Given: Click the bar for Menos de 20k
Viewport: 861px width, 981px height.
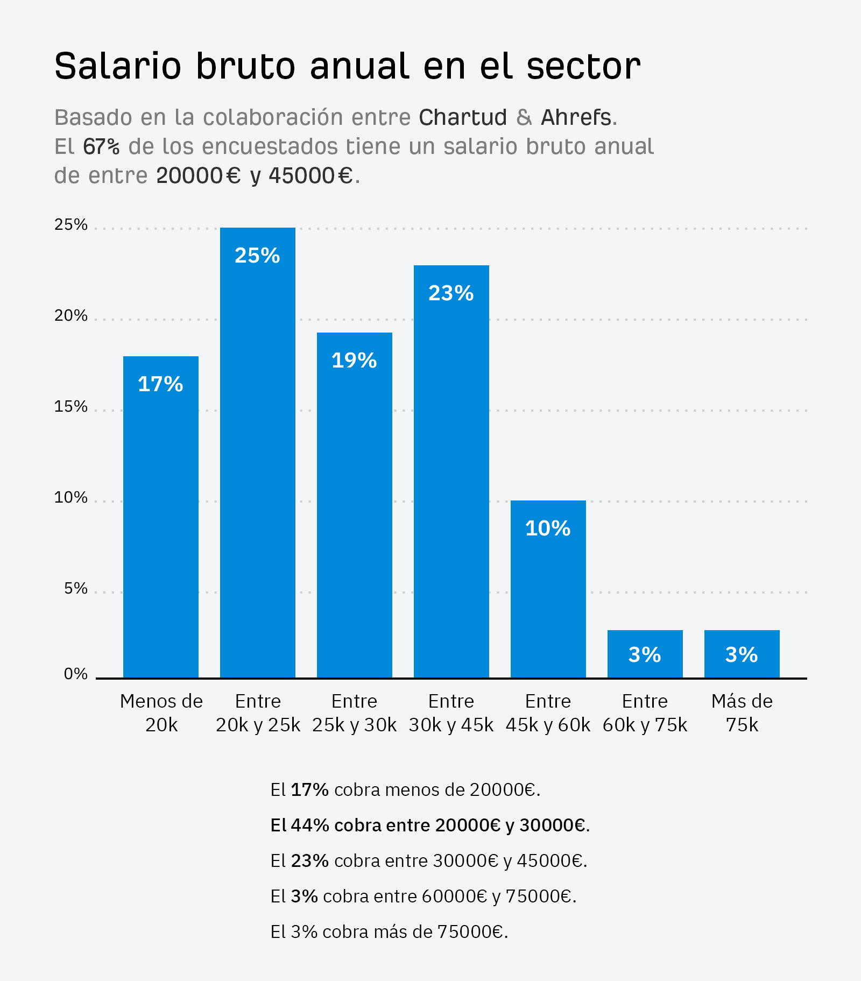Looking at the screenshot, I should click(x=160, y=517).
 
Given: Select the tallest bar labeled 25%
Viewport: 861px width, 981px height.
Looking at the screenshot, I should click(x=257, y=452).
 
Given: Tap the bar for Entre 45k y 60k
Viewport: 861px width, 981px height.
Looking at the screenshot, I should click(x=548, y=589).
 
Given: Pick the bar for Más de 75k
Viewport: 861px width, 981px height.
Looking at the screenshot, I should click(x=742, y=654).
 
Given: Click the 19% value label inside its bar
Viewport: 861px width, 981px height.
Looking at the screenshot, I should click(x=354, y=361).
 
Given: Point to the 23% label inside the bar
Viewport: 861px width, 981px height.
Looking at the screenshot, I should click(x=451, y=293).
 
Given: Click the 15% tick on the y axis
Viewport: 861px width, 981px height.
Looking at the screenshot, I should click(x=70, y=407).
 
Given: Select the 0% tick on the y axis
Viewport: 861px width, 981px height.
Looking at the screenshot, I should click(x=75, y=674).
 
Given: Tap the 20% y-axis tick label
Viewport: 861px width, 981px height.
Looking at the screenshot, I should click(x=70, y=316).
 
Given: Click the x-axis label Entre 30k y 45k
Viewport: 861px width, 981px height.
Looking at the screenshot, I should click(x=451, y=713).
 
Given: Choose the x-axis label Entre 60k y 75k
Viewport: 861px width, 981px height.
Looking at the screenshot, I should click(x=645, y=713).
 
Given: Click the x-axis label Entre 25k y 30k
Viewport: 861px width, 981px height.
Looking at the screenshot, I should click(x=354, y=713).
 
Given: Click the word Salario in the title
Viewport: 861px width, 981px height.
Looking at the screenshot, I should click(x=118, y=67).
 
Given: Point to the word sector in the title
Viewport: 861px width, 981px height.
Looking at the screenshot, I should click(x=583, y=67).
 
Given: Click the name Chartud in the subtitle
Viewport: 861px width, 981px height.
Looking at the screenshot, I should click(x=463, y=117).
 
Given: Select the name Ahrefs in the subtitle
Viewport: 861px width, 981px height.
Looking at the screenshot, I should click(x=576, y=117).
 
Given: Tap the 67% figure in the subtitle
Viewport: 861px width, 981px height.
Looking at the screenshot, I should click(x=101, y=146).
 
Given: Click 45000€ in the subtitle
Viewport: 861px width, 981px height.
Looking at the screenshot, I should click(x=310, y=175).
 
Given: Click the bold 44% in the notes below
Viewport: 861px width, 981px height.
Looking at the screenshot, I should click(x=310, y=825).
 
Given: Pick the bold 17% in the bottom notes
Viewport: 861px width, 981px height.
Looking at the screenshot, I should click(x=310, y=789).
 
